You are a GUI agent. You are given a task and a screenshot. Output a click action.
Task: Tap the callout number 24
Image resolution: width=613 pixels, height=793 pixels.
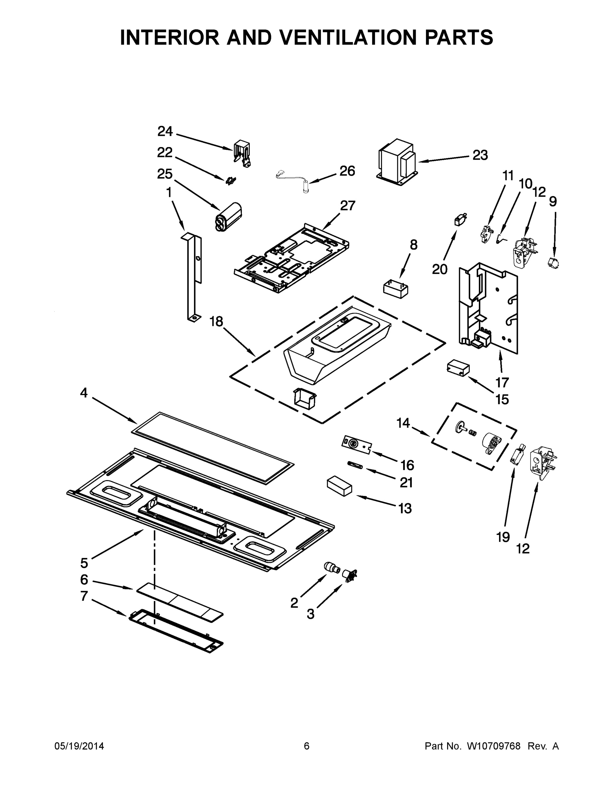pos(165,132)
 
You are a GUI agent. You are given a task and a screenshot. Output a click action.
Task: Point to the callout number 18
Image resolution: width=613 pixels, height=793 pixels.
pos(216,321)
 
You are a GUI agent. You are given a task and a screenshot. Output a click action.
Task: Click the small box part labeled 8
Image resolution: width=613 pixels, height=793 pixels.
pos(396,289)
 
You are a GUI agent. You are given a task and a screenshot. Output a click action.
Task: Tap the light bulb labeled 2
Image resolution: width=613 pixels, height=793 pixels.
pos(331,567)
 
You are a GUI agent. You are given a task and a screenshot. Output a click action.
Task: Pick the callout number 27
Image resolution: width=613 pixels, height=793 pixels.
pos(347,206)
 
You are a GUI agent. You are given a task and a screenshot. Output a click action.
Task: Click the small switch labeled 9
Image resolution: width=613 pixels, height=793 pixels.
pos(554,263)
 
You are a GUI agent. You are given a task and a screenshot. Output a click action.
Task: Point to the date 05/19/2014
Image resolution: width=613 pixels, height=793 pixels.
pos(79,746)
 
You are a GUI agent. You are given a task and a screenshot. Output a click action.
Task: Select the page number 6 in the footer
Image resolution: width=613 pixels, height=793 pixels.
pos(307,746)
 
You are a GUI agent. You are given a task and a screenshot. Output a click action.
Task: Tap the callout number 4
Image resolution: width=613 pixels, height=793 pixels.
pos(84,393)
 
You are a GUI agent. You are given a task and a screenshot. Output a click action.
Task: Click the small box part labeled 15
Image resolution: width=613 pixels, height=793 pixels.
pos(457,368)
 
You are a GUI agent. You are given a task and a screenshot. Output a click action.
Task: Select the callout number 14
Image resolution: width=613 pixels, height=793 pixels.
pos(403,423)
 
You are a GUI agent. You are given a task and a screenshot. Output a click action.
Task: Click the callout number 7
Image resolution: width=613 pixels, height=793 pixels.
pos(84,596)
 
